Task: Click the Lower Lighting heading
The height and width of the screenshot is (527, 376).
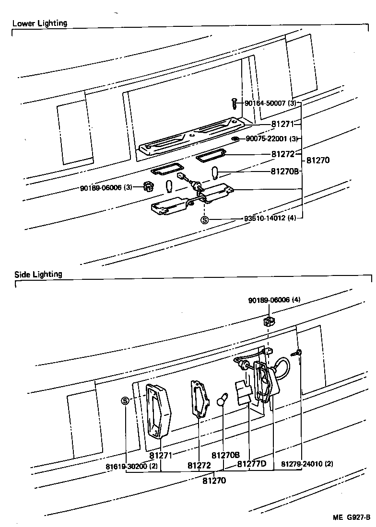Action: tap(39, 23)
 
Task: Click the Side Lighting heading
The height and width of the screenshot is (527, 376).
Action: tap(38, 275)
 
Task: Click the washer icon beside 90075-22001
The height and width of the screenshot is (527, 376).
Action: tap(235, 139)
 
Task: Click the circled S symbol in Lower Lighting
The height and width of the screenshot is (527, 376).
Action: tap(204, 220)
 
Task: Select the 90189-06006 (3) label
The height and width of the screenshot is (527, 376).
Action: tap(106, 187)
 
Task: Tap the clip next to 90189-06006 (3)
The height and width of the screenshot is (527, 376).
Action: tap(148, 186)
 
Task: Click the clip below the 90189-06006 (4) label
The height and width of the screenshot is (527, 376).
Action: tap(269, 321)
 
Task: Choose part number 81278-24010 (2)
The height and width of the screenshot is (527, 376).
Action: tap(307, 464)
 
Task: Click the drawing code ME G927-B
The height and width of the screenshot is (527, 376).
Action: tap(352, 517)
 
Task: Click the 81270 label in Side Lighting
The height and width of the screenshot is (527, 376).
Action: tap(214, 480)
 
